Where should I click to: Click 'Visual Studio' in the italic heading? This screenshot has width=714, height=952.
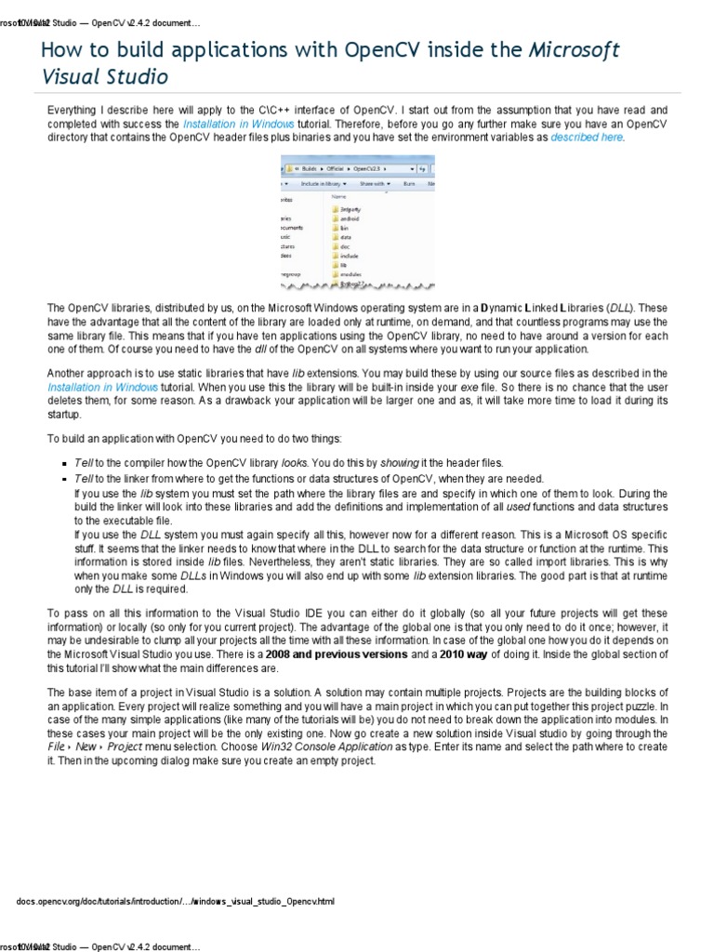click(x=103, y=76)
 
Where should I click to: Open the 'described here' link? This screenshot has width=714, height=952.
click(x=587, y=137)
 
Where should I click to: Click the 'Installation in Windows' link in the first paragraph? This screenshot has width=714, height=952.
click(x=238, y=123)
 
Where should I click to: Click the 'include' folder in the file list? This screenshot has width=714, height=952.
click(x=349, y=255)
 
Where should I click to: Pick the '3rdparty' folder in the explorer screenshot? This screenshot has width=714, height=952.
click(x=350, y=210)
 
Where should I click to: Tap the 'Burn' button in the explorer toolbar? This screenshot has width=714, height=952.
click(x=408, y=184)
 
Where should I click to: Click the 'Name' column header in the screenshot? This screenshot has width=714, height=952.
click(x=338, y=196)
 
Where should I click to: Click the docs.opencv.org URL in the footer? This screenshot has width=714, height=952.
click(x=175, y=901)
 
